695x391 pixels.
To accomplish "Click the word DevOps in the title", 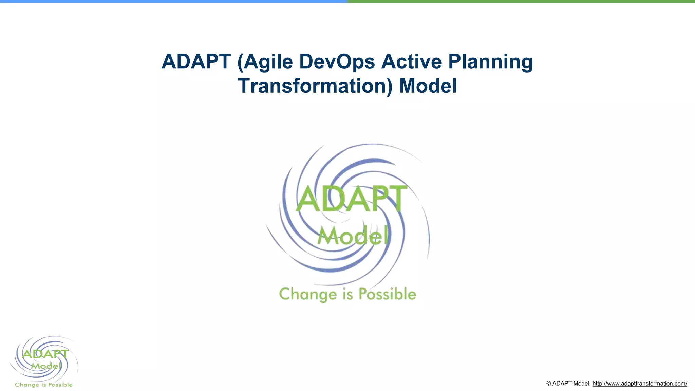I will tap(337, 62).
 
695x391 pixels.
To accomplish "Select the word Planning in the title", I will tap(490, 62).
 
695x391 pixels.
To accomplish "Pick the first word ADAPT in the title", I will tap(196, 62).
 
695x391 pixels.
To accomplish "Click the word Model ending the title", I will tap(428, 86).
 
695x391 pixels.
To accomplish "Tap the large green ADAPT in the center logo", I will tap(352, 199).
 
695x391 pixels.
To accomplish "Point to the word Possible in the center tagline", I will tap(387, 294).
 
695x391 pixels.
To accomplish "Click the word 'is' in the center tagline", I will tap(348, 294).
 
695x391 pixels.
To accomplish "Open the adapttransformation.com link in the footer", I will tap(640, 384).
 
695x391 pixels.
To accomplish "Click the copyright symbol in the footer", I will tap(549, 384).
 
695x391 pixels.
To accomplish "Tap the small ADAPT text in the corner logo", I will tap(45, 354).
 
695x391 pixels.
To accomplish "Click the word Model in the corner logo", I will tap(46, 366).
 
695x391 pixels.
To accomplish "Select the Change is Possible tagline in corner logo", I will tap(44, 385).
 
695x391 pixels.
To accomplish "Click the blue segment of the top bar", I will tap(174, 1).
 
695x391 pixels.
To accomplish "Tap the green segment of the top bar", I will tap(521, 1).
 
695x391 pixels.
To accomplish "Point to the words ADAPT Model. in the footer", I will tap(571, 384).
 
